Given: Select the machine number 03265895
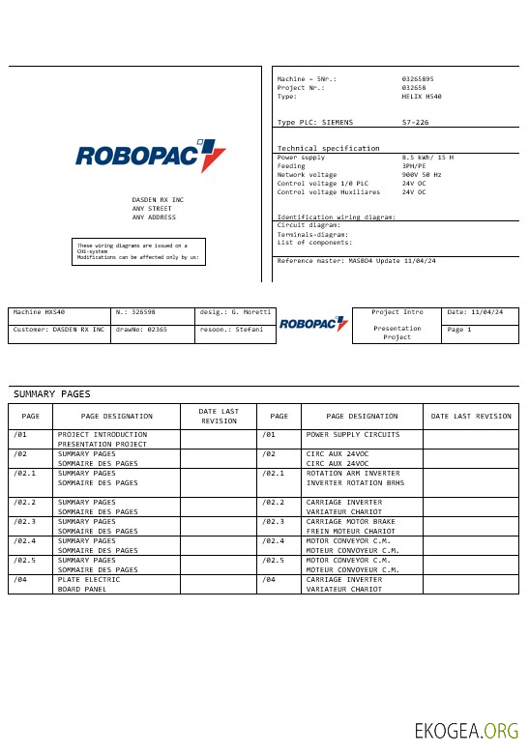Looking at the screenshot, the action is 418,78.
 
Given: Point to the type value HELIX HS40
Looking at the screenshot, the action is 422,97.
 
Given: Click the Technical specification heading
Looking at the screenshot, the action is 328,148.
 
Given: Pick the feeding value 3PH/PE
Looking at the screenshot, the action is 414,165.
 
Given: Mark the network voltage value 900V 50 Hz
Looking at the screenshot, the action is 422,175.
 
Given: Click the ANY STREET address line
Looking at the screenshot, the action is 152,208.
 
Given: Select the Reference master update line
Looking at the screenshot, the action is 356,261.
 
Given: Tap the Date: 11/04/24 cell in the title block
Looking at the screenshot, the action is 480,312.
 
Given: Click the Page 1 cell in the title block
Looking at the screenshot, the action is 480,330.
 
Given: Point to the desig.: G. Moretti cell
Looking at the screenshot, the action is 235,312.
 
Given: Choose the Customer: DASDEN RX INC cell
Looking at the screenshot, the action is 59,330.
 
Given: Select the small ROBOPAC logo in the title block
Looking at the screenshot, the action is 313,325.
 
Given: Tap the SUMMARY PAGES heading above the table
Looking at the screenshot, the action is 51,393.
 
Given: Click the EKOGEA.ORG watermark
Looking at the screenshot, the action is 466,731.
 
